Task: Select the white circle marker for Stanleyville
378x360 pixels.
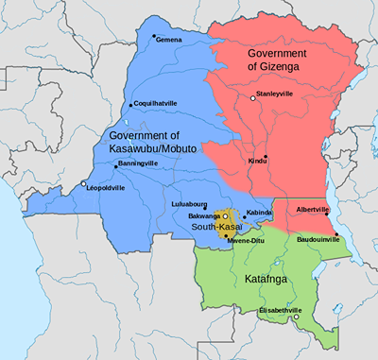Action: point(251,97)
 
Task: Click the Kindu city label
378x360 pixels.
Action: point(257,162)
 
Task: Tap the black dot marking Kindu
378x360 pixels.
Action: point(266,156)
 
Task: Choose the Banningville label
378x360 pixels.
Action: point(138,163)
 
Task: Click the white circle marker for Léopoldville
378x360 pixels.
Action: point(84,183)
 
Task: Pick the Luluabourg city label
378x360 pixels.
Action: point(189,203)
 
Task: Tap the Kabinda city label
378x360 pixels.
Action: point(260,213)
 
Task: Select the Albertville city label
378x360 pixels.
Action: point(313,209)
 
